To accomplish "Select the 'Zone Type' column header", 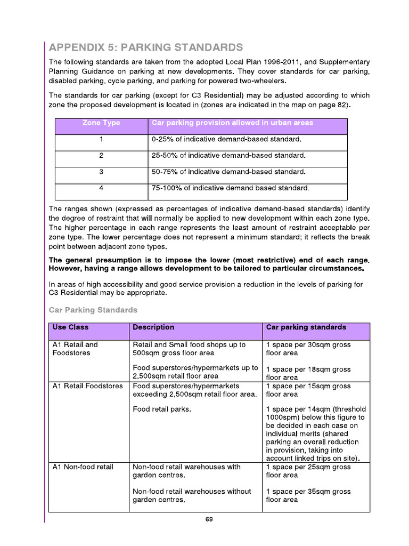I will (101, 123).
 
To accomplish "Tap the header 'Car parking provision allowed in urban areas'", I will (232, 123).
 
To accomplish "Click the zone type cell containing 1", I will (101, 140).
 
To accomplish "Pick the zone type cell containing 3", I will (101, 172).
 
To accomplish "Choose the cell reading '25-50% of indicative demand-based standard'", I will (229, 156).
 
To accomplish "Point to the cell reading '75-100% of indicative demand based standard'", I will (230, 188).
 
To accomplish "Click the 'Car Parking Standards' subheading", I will (93, 310).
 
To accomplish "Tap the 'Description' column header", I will (153, 327).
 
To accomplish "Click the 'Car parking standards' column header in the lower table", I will (306, 327).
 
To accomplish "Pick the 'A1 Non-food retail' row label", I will (83, 467).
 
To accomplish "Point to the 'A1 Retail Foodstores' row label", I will (88, 386).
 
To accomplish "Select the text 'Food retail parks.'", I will (162, 409).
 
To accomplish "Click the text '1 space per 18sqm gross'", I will (308, 370).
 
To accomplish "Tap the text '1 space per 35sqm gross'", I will (308, 492).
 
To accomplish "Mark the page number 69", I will (209, 520).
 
